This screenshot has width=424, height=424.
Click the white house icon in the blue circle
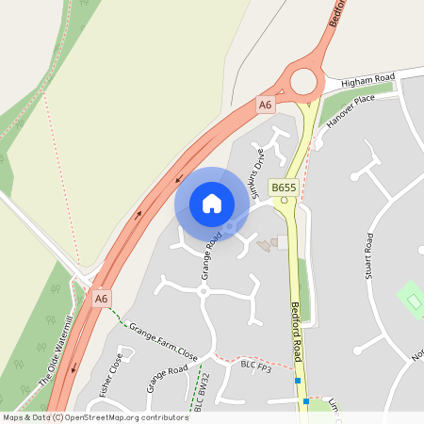coord(212,204)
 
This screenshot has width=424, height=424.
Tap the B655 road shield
coord(284,188)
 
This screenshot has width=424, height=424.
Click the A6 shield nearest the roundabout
coord(266,106)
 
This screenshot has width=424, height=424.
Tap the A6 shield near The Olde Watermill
coord(102,299)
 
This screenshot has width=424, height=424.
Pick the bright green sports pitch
coord(411,300)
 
